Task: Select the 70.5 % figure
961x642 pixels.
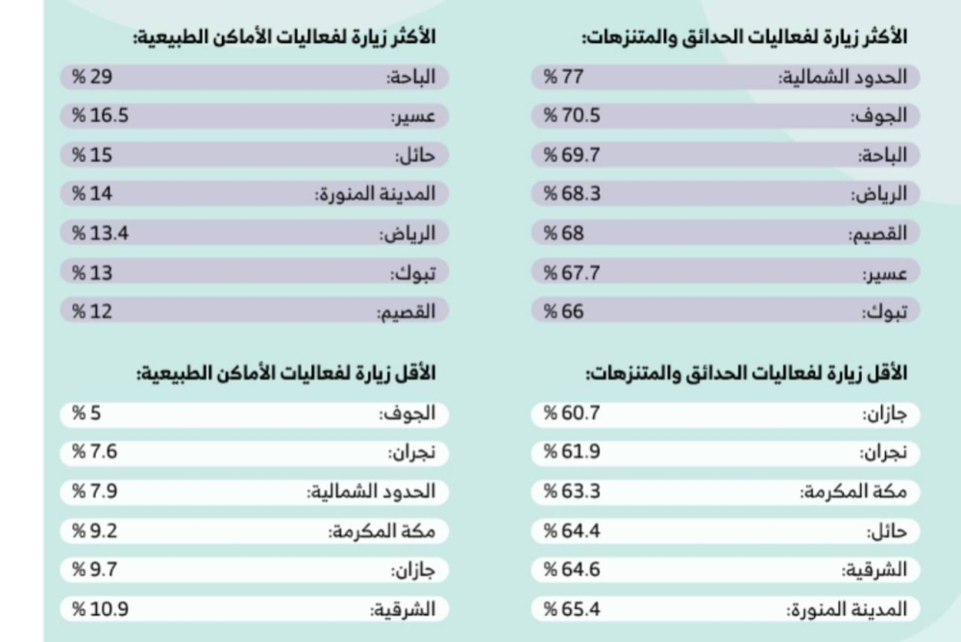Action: click(573, 116)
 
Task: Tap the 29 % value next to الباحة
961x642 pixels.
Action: click(92, 78)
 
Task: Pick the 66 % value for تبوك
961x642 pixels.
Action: click(565, 310)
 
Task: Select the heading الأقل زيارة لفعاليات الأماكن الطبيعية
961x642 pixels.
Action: click(285, 372)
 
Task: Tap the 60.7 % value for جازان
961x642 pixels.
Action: click(573, 414)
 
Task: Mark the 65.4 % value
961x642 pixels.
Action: click(573, 608)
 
